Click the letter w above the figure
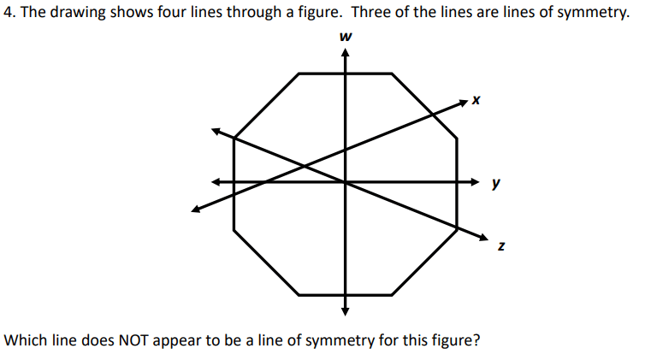[346, 37]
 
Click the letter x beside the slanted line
[476, 100]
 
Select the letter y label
[496, 183]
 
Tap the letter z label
[501, 245]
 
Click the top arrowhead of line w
[346, 52]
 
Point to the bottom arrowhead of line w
[346, 311]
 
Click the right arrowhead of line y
[475, 181]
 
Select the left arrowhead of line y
[216, 181]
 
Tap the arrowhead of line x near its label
[464, 103]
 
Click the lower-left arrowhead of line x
[196, 210]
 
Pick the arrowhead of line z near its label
[484, 237]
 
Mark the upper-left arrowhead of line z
[216, 131]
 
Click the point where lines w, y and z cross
[346, 181]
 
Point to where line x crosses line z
[304, 166]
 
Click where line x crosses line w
[346, 150]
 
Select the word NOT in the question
[133, 340]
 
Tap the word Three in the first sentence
[370, 12]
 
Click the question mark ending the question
[476, 339]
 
